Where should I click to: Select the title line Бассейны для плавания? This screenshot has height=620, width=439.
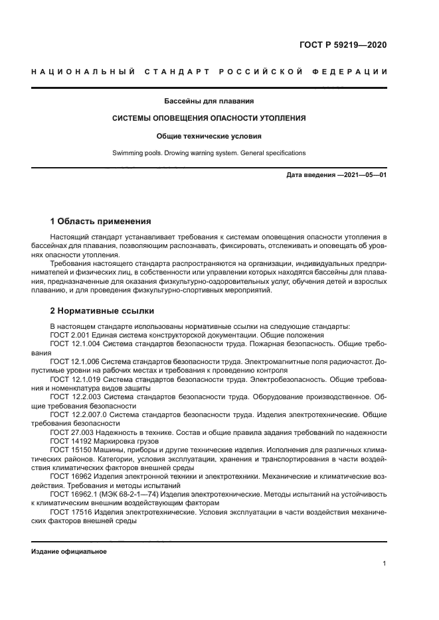coord(209,101)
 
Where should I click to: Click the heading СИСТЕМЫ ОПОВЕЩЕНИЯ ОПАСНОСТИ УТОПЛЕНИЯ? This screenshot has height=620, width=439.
coord(209,119)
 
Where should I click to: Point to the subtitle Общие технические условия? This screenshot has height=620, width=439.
coord(209,136)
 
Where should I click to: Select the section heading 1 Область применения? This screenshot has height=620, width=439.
coord(101,221)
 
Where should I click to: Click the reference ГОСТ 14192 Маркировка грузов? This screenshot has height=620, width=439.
coord(97,440)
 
